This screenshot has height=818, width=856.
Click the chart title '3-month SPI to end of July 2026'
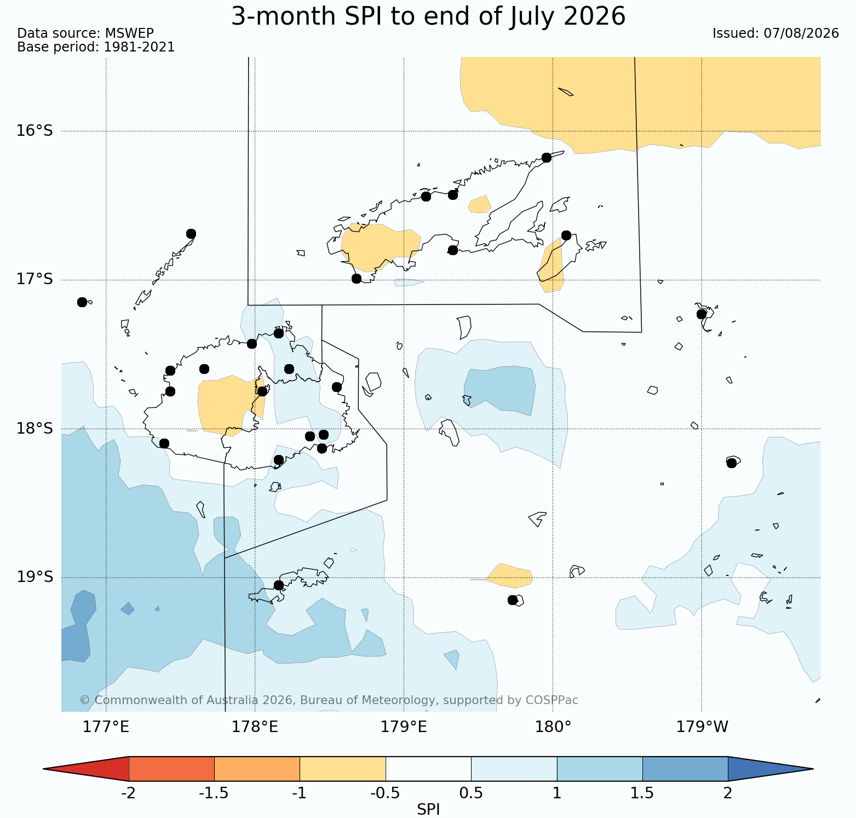pyautogui.click(x=428, y=16)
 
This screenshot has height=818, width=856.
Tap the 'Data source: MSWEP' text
pyautogui.click(x=85, y=33)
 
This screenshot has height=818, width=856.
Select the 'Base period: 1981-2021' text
pyautogui.click(x=96, y=47)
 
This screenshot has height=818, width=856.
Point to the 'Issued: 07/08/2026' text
pyautogui.click(x=775, y=33)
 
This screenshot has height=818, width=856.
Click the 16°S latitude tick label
pyautogui.click(x=35, y=131)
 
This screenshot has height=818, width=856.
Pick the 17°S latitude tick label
pyautogui.click(x=35, y=280)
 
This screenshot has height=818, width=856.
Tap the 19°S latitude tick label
pyautogui.click(x=35, y=578)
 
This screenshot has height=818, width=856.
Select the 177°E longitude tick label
pyautogui.click(x=106, y=727)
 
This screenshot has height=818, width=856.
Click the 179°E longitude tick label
pyautogui.click(x=404, y=727)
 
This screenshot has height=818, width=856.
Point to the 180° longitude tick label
pyautogui.click(x=553, y=727)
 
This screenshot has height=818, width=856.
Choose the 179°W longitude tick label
pyautogui.click(x=702, y=727)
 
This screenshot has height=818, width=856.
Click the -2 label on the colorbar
pyautogui.click(x=128, y=793)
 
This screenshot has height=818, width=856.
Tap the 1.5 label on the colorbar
pyautogui.click(x=642, y=793)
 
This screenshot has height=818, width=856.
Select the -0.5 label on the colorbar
pyautogui.click(x=385, y=793)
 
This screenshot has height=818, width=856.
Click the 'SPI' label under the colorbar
pyautogui.click(x=428, y=809)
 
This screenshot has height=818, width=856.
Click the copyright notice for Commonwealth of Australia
pyautogui.click(x=329, y=700)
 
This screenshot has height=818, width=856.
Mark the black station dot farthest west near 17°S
pyautogui.click(x=82, y=302)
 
